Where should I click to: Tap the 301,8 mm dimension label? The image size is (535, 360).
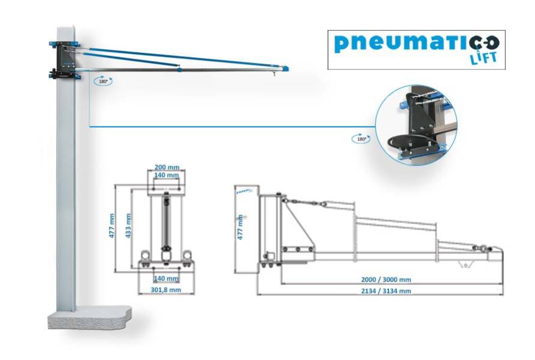click(x=166, y=290)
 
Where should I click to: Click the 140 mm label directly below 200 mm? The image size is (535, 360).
click(x=167, y=175)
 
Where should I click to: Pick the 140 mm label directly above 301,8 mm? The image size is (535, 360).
click(x=166, y=278)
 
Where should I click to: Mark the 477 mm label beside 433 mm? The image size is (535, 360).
click(x=112, y=226)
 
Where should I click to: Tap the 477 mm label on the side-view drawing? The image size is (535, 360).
click(x=240, y=227)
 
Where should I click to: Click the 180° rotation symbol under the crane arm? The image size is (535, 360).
click(x=102, y=80)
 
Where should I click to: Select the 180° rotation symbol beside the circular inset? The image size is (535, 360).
click(x=360, y=138)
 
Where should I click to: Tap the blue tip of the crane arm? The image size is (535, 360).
click(x=284, y=68)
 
